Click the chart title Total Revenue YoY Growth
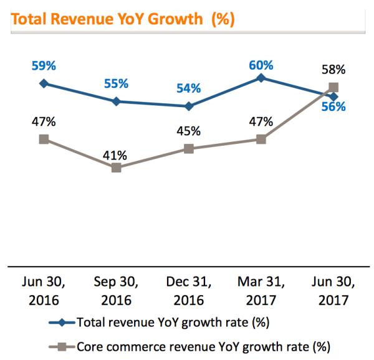click(122, 19)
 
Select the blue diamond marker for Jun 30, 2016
click(44, 83)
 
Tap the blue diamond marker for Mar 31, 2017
click(261, 78)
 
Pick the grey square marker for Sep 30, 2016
click(116, 168)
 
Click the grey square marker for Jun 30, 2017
click(333, 88)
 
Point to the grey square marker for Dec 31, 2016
click(188, 149)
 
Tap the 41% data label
click(116, 153)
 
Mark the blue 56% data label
click(333, 107)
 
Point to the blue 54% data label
click(188, 88)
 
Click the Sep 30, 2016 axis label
click(116, 291)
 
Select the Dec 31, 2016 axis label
click(188, 291)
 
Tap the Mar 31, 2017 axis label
click(261, 291)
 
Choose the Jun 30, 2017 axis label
click(333, 291)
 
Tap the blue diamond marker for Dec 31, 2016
click(188, 107)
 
